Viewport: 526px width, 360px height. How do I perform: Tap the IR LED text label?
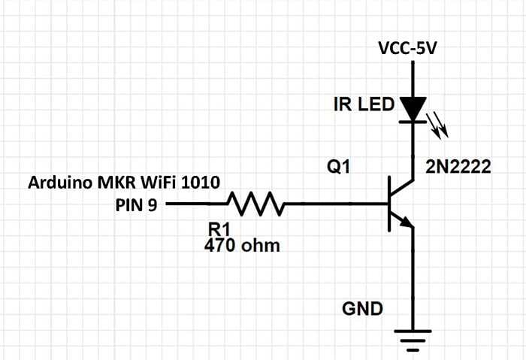364,104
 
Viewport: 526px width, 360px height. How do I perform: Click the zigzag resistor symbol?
255,203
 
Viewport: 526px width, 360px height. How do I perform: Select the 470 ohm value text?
242,245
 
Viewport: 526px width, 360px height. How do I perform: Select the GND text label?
362,308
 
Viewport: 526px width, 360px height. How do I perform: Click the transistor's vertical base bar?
388,203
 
